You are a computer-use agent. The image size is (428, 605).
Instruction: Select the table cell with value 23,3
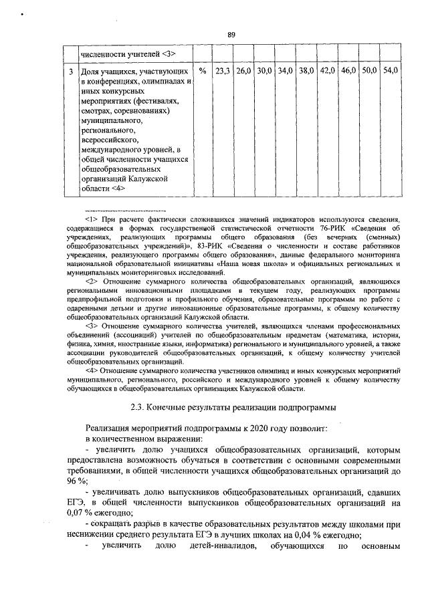[223, 70]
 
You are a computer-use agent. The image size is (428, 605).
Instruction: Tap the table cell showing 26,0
[243, 70]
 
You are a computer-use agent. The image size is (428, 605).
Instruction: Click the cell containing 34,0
[286, 70]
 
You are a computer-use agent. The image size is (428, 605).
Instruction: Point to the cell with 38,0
[306, 70]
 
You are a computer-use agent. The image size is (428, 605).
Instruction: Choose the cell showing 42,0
[328, 70]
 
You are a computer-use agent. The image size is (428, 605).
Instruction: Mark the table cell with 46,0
[348, 70]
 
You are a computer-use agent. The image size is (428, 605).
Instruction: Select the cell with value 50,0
[369, 70]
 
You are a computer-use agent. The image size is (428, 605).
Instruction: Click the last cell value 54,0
[390, 70]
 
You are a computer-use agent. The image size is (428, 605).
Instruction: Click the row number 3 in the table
[71, 70]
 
